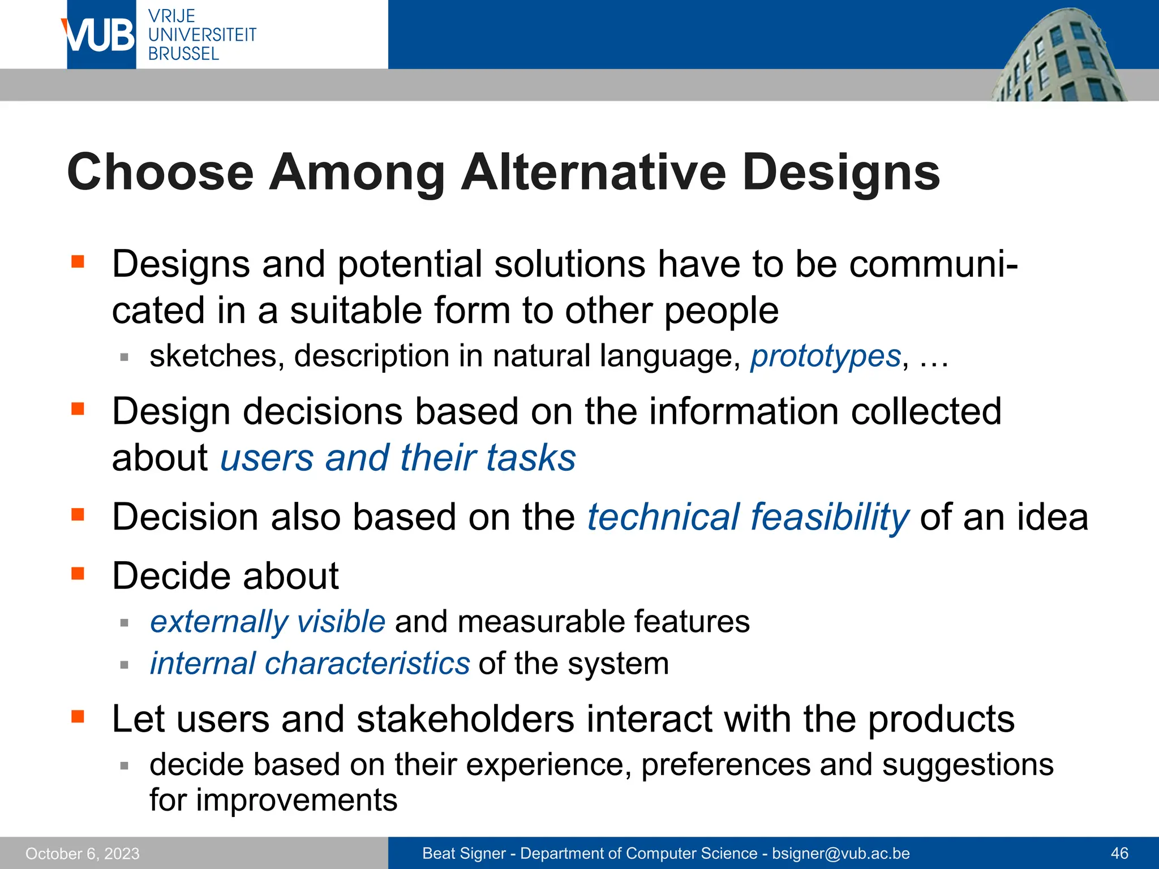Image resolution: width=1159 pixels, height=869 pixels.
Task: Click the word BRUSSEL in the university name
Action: pos(183,54)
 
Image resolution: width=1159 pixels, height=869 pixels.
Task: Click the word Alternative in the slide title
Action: pos(594,172)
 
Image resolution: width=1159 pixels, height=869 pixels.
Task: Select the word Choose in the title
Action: pos(160,172)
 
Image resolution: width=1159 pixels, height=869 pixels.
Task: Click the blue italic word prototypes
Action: pos(826,356)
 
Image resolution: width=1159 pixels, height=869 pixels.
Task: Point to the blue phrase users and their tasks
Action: pos(398,458)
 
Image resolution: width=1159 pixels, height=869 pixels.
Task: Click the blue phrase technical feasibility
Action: pos(748,517)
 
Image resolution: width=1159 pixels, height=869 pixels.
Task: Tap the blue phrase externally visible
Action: pos(268,622)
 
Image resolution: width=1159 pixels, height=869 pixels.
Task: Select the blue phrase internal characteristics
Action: pos(310,663)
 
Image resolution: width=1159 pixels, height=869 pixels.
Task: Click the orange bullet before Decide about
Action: pos(78,574)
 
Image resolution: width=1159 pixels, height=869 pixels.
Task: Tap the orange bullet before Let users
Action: pos(78,717)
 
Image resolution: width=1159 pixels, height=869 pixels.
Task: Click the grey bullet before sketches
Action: pos(125,358)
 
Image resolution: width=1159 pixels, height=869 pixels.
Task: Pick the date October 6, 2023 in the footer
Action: pos(83,853)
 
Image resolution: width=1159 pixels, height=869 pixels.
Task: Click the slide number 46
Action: pos(1119,853)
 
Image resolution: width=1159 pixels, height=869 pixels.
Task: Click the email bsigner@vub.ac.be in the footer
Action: pos(841,853)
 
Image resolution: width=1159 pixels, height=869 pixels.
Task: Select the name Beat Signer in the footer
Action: pos(464,853)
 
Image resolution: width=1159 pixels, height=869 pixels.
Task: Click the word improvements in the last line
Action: pos(297,801)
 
